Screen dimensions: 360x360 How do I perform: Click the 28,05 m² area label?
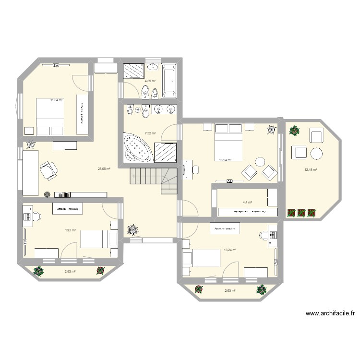tap(104, 169)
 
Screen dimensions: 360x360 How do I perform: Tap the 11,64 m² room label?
tap(57, 100)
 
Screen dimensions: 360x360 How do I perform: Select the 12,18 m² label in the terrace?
tap(311, 169)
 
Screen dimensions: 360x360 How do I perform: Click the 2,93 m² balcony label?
tap(230, 291)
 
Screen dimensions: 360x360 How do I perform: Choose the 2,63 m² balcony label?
tap(70, 272)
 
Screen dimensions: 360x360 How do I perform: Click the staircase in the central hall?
tap(155, 176)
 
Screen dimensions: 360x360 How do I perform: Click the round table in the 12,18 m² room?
tap(317, 154)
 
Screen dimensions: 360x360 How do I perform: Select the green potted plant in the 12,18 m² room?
tap(293, 130)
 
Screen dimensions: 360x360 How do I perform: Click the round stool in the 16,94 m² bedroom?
tap(260, 162)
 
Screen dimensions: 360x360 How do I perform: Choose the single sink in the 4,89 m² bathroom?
tap(153, 67)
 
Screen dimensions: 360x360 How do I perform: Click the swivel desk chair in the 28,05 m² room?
tap(48, 169)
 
